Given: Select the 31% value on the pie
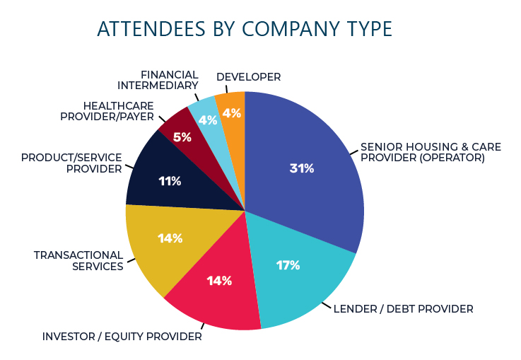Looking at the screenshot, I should [301, 168].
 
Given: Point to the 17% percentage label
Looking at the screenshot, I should [288, 265].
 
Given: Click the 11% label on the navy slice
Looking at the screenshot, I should [170, 181].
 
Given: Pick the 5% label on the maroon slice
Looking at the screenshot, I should [182, 137].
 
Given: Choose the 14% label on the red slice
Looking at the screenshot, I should [219, 281].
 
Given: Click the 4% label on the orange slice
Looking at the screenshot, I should [231, 112].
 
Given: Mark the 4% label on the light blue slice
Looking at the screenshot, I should [207, 120].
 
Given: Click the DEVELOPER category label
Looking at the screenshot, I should [248, 76].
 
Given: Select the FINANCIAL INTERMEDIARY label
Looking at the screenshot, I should [169, 80].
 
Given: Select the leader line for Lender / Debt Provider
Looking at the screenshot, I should [327, 306].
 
